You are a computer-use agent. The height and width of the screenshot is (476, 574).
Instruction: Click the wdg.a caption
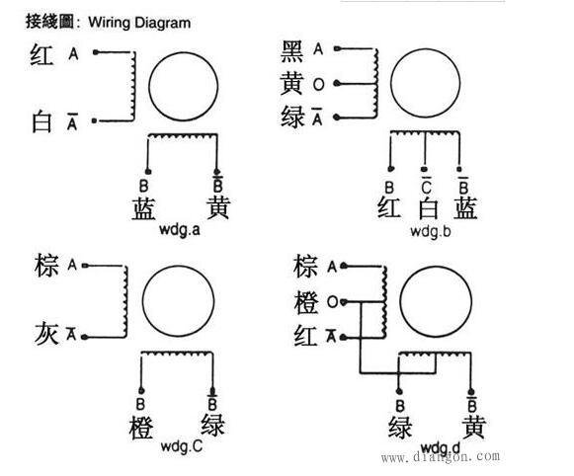coord(180,230)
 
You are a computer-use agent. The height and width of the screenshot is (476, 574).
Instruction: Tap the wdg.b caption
coord(431,231)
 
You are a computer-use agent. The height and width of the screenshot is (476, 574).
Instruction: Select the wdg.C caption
coord(182,446)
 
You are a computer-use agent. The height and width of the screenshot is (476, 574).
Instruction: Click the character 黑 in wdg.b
coord(292,51)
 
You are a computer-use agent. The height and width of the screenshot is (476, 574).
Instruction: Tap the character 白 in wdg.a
coord(41,121)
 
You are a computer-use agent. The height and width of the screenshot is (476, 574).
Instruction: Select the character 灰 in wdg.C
coord(46,333)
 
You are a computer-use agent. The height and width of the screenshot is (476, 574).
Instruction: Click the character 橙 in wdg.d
coord(305,302)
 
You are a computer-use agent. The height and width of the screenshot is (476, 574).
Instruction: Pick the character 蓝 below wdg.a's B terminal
coord(143,208)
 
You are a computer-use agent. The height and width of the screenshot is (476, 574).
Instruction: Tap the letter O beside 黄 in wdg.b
coord(319,85)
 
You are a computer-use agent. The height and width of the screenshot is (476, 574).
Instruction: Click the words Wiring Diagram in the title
coord(139,23)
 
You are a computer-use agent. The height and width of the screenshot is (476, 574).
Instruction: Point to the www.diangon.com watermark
coord(440,457)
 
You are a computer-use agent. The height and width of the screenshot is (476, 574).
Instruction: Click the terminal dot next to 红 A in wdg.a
coord(96,52)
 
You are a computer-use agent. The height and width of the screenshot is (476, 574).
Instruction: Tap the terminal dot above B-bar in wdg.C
coord(212,390)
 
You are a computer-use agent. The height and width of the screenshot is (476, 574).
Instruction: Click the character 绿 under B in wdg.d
coord(400,427)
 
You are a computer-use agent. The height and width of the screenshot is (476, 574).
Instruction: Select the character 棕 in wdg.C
coord(46,265)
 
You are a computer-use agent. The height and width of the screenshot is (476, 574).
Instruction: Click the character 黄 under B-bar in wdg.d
coord(473,427)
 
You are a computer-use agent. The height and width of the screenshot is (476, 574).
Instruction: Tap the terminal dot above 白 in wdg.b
coord(424,169)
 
